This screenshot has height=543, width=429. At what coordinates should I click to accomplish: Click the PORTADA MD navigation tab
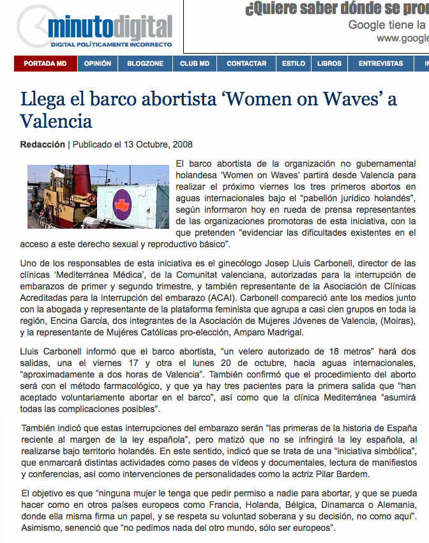click(x=45, y=64)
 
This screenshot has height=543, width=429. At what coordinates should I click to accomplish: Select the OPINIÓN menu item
click(x=97, y=64)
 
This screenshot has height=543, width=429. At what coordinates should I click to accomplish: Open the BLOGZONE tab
click(x=145, y=64)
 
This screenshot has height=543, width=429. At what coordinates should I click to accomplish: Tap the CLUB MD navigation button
click(x=195, y=64)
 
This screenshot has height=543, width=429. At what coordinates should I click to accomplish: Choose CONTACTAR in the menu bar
click(x=246, y=64)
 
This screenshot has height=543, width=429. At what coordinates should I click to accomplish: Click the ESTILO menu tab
click(x=294, y=64)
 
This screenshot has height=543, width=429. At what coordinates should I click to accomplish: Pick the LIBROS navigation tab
click(x=329, y=64)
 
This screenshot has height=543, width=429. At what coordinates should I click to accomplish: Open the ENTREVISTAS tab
click(x=380, y=64)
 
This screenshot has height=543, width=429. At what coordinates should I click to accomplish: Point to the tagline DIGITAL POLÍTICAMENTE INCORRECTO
click(x=111, y=45)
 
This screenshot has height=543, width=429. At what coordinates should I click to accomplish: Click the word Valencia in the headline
click(x=56, y=121)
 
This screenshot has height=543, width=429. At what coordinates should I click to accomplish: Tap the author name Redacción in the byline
click(x=43, y=144)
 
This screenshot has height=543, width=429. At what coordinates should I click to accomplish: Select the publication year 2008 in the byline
click(x=182, y=144)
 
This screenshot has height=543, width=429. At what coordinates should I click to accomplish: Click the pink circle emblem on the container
click(x=121, y=205)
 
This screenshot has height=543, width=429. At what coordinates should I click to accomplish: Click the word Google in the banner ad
click(x=368, y=25)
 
